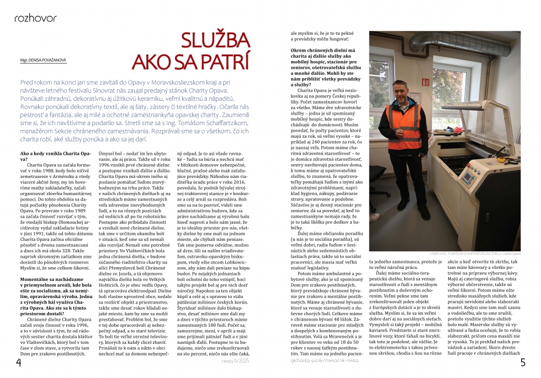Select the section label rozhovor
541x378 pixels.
[32, 18]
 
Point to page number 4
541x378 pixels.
[18, 363]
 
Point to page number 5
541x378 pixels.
[522, 363]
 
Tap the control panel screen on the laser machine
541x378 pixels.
[468, 175]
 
